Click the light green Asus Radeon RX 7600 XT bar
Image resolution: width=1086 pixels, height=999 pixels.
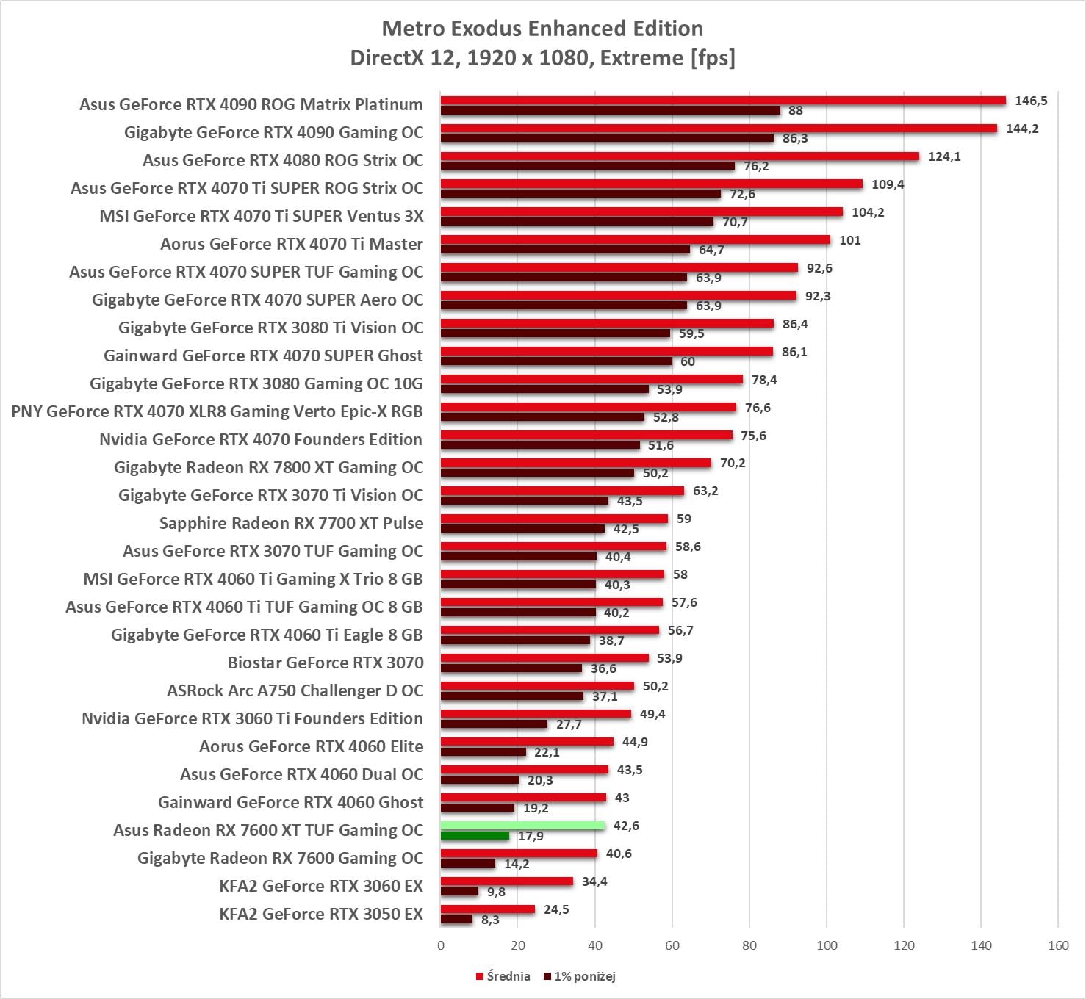pyautogui.click(x=522, y=826)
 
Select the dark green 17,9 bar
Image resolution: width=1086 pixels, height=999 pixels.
pyautogui.click(x=475, y=836)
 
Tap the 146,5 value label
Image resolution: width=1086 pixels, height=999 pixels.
pyautogui.click(x=1031, y=101)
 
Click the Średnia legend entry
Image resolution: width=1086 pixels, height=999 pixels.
pyautogui.click(x=503, y=976)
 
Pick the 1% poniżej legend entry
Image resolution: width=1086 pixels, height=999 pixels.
pyautogui.click(x=580, y=976)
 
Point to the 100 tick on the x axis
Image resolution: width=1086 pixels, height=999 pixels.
pyautogui.click(x=827, y=945)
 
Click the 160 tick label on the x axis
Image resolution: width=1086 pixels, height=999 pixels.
pyautogui.click(x=1058, y=945)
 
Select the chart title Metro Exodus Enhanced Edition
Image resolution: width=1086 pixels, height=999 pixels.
pyautogui.click(x=542, y=29)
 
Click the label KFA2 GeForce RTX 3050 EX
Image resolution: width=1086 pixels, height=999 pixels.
pyautogui.click(x=321, y=914)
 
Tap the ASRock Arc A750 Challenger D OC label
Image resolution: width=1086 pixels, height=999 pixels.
pyautogui.click(x=295, y=690)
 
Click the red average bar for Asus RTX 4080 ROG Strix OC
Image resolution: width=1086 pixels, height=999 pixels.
pyautogui.click(x=680, y=156)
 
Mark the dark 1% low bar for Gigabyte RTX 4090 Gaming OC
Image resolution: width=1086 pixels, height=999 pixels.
pyautogui.click(x=607, y=138)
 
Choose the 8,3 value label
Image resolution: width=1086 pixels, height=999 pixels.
pyautogui.click(x=490, y=920)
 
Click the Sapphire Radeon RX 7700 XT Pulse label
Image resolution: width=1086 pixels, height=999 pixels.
pyautogui.click(x=291, y=523)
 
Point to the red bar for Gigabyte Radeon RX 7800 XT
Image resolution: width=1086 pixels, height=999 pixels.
pyautogui.click(x=575, y=463)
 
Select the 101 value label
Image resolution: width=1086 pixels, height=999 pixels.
pyautogui.click(x=849, y=240)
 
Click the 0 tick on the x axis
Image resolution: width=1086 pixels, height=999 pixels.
pyautogui.click(x=441, y=945)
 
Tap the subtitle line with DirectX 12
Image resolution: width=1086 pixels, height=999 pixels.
pyautogui.click(x=542, y=58)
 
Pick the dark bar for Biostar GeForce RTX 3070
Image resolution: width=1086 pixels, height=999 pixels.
pyautogui.click(x=511, y=668)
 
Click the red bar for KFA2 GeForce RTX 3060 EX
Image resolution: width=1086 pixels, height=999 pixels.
pyautogui.click(x=507, y=881)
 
